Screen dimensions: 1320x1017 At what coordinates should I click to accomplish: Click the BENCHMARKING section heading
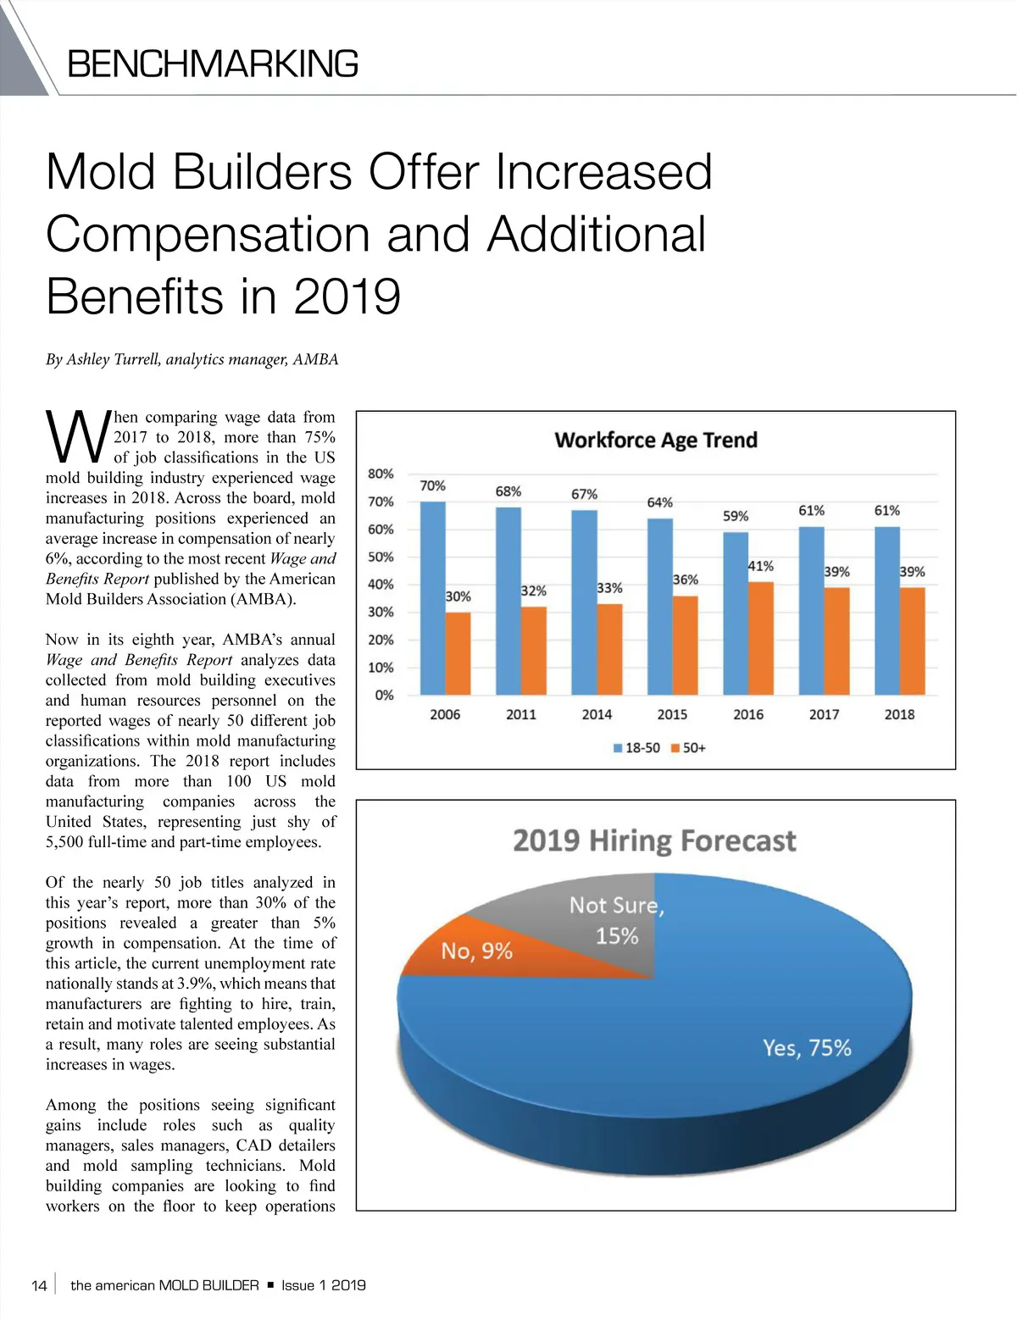(213, 64)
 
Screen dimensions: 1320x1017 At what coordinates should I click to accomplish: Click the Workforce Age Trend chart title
(655, 441)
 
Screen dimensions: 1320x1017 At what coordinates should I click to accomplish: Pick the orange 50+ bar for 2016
(761, 638)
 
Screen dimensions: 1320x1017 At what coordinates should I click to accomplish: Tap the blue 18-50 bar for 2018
(886, 610)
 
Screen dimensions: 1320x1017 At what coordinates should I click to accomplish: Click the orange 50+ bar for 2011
(534, 650)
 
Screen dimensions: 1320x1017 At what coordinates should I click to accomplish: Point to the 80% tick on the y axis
(381, 474)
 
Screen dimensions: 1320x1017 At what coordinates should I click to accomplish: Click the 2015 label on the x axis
(672, 714)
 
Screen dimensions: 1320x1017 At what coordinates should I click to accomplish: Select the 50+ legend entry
(688, 748)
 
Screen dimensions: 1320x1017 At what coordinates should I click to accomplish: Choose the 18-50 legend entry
(636, 748)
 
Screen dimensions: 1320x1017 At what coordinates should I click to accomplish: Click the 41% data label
(760, 566)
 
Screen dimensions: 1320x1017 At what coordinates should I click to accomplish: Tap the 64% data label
(659, 502)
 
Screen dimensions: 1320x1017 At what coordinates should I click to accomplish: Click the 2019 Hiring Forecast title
(654, 841)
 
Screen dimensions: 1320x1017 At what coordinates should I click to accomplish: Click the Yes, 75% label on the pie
(806, 1048)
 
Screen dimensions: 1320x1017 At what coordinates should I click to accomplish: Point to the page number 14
(39, 1285)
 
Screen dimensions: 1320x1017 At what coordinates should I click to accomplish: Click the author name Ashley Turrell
(113, 359)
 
